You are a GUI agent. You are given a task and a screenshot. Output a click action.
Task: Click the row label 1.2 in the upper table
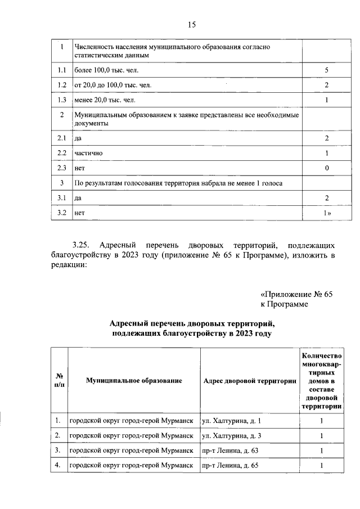tap(62, 85)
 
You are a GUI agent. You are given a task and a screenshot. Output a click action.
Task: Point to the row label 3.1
tap(62, 198)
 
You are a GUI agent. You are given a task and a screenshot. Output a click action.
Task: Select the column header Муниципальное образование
tap(134, 381)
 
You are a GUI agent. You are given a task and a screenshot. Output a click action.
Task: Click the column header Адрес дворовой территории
tap(249, 381)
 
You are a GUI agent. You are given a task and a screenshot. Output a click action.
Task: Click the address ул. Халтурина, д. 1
tap(231, 421)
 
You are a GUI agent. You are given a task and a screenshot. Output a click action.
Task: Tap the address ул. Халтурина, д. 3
tap(231, 435)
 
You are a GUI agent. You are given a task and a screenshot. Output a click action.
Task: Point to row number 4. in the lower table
tap(58, 466)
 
